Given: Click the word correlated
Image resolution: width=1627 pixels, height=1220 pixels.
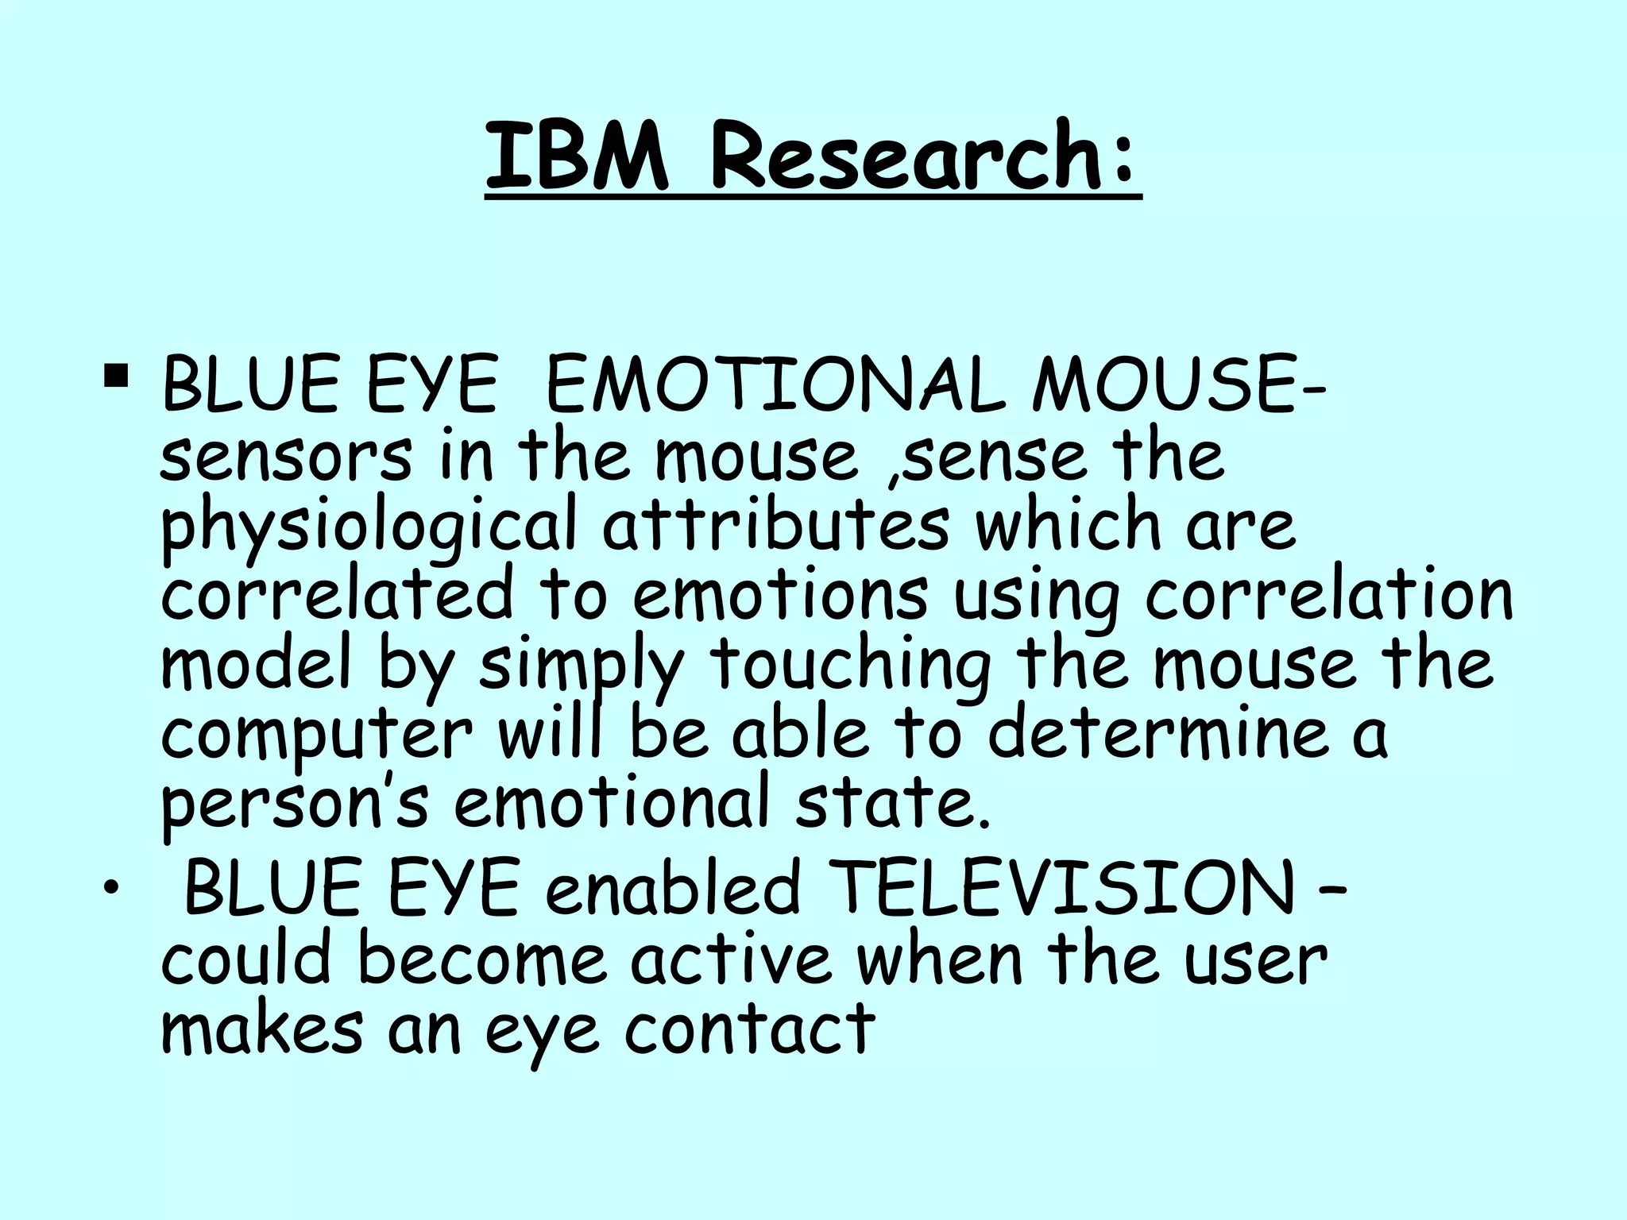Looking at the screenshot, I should pyautogui.click(x=338, y=594).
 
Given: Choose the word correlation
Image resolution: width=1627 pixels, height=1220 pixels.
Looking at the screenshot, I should pyautogui.click(x=1328, y=594).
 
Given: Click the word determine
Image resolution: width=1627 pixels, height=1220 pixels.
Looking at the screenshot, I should pyautogui.click(x=1157, y=732).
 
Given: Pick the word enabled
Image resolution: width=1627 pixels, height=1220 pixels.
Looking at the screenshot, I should pyautogui.click(x=672, y=888).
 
